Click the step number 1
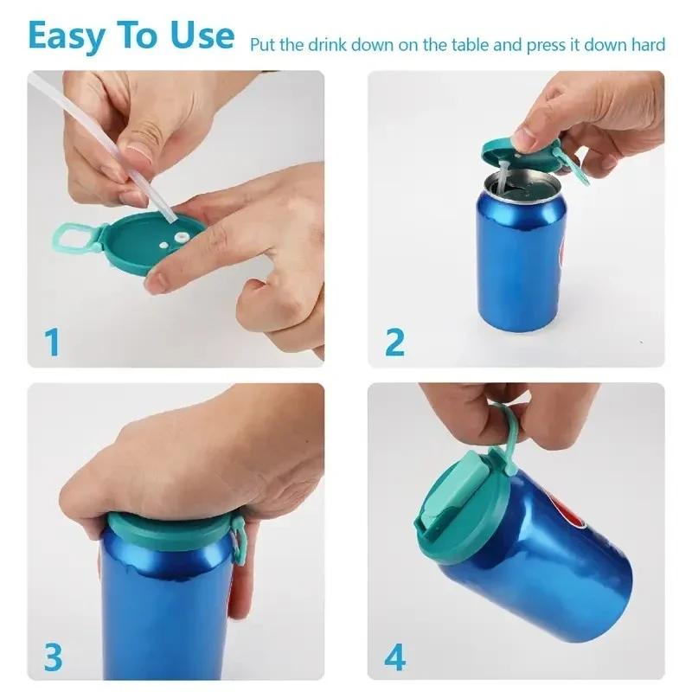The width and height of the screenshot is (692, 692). point(53,342)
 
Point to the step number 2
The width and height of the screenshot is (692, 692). point(394,342)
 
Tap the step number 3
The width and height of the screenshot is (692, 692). point(53,658)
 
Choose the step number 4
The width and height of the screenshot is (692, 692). point(394,658)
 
